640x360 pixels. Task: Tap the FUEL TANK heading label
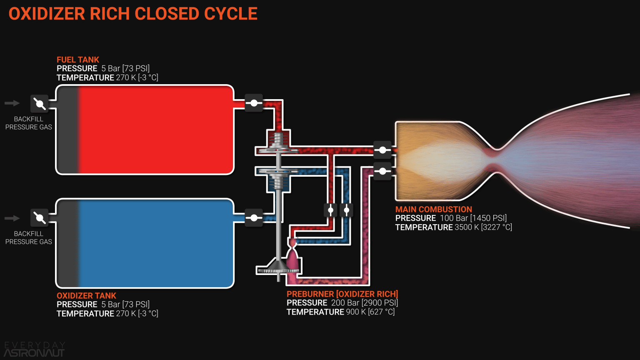(78, 60)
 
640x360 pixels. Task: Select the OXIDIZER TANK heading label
(86, 295)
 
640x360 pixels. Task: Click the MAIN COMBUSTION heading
(433, 209)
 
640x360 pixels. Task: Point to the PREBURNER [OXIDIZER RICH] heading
(342, 294)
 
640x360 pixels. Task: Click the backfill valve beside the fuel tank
(40, 103)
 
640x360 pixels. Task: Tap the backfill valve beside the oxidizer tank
(40, 217)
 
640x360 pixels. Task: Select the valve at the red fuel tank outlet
(254, 102)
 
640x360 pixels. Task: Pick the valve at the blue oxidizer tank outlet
(254, 217)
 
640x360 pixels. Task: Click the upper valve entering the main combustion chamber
(382, 150)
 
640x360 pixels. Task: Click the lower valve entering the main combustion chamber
(382, 171)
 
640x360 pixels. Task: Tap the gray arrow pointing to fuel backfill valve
(12, 103)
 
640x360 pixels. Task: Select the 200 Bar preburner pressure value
(345, 303)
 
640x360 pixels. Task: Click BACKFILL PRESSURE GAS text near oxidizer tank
(28, 237)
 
